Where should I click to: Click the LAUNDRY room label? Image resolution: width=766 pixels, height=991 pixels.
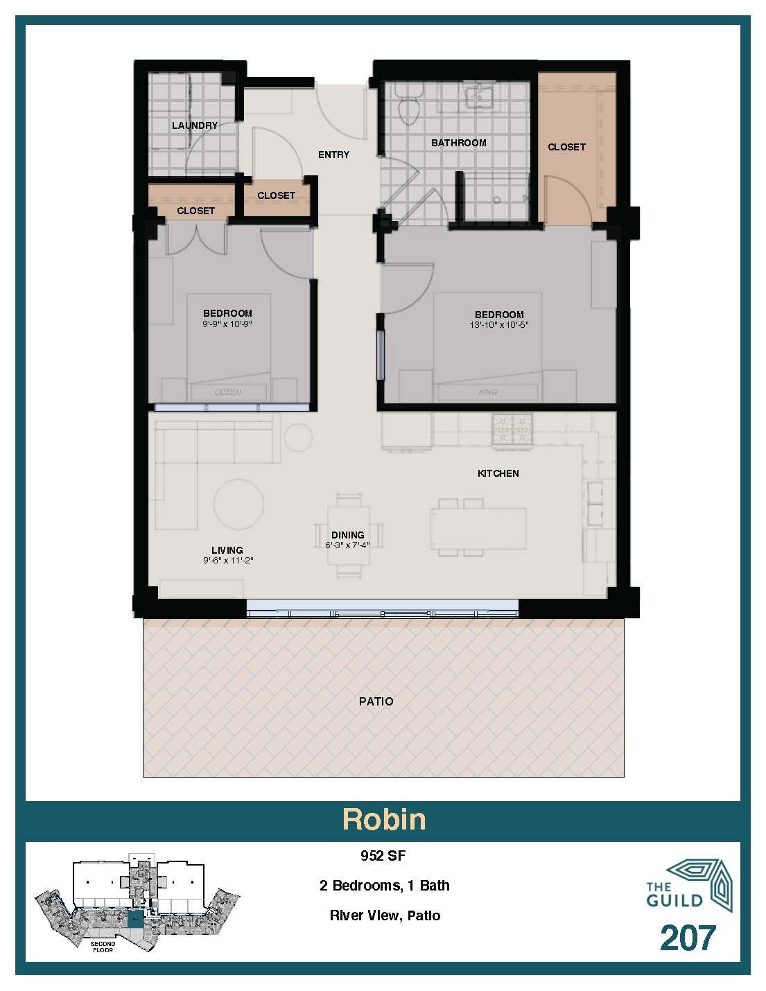point(195,125)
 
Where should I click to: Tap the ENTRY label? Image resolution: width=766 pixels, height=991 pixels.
point(333,155)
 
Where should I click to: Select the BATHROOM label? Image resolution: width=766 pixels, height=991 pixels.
point(458,143)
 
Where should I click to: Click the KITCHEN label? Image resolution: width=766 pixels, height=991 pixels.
point(498,473)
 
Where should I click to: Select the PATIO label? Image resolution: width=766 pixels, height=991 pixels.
point(376,701)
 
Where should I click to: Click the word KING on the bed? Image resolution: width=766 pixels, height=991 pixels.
point(488,393)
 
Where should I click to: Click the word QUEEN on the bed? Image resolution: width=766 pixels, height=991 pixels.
point(227,393)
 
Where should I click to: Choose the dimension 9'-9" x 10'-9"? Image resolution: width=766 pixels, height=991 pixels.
point(227,324)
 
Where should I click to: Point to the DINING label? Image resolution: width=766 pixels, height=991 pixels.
point(347,535)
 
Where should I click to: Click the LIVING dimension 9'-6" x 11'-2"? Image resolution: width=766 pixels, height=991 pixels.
point(228,561)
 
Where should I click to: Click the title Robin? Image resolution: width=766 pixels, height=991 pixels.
point(383,819)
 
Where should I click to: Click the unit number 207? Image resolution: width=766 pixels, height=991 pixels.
point(687,938)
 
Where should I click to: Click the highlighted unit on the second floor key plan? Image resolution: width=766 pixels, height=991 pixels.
point(134,919)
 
